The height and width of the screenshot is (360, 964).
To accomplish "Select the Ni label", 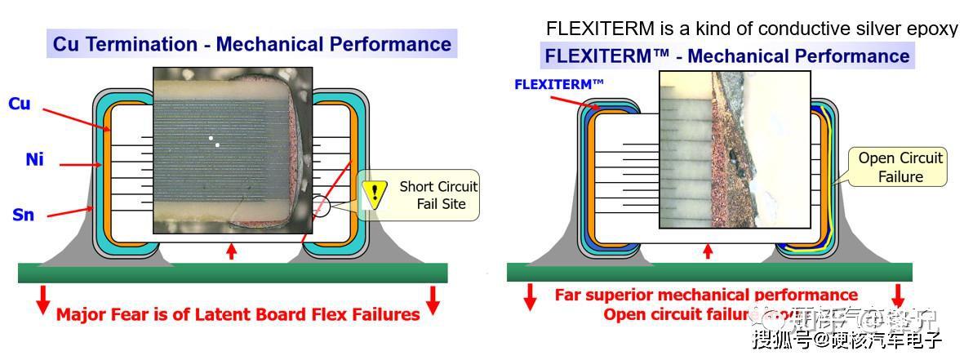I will pos(33,160).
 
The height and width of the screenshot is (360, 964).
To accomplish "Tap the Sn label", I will pos(24,215).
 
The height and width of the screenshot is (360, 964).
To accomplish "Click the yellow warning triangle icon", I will pos(374,193).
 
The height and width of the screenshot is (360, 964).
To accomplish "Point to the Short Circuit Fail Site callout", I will pos(437,195).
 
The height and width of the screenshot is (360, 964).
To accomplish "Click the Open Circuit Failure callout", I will pos(900,167).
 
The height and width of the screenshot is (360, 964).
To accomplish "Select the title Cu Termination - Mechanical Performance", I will pos(251,43).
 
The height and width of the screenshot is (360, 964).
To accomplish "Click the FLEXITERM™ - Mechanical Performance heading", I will pos(726,56).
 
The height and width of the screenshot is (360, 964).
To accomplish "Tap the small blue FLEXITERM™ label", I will pos(559,84).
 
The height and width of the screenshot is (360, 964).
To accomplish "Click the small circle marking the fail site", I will pos(319,206).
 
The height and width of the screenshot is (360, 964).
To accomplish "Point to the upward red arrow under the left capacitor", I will pos(231,251).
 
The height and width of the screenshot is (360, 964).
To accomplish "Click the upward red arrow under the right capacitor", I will pos(708,251).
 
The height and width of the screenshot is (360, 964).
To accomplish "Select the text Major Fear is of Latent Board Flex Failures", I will pos(238,314).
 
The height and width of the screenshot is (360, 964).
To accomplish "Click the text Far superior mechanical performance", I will pos(706,295).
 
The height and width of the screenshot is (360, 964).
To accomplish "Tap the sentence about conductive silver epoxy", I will pos(751,29).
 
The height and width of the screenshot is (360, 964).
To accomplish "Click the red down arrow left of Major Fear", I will pos(42,300).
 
